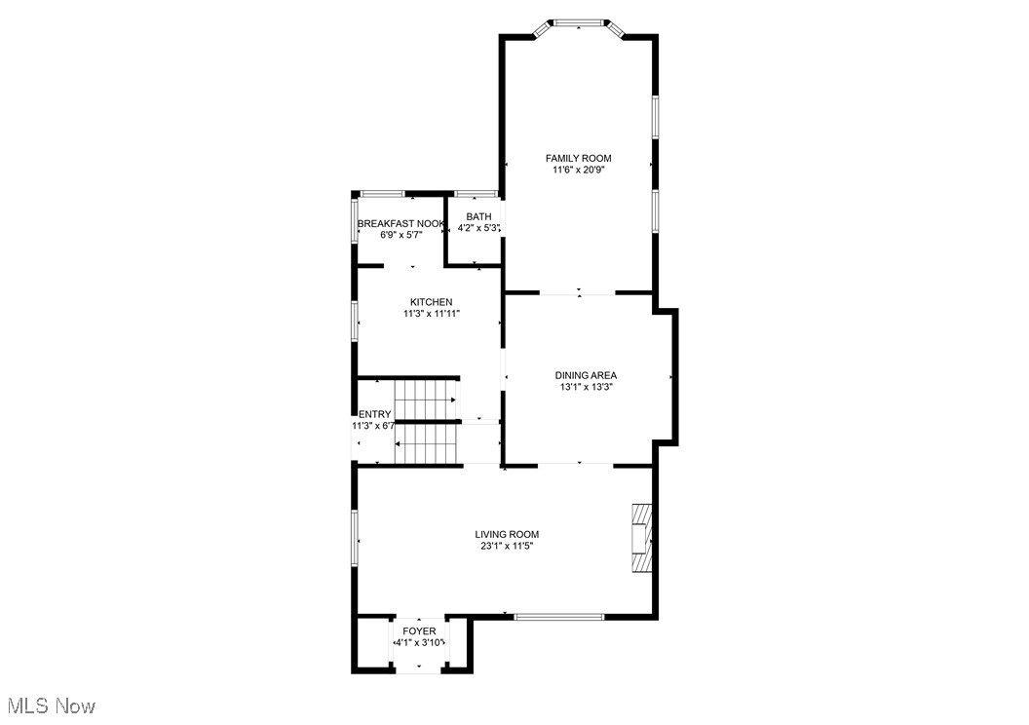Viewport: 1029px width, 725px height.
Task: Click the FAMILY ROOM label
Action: (x=578, y=158)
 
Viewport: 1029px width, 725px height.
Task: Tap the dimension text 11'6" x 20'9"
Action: (x=578, y=170)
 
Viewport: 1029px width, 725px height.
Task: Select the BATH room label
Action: (x=478, y=216)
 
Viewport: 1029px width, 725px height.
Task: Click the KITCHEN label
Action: (x=431, y=302)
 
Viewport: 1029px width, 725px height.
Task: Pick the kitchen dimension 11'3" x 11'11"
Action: (x=431, y=314)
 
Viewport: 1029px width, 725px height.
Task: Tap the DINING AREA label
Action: (x=586, y=375)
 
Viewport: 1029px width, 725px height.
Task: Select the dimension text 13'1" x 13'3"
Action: (x=586, y=387)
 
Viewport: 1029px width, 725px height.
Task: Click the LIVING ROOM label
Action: (x=507, y=534)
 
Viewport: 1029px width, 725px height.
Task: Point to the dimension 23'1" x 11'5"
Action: (x=507, y=546)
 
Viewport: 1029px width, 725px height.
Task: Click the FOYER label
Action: (x=419, y=630)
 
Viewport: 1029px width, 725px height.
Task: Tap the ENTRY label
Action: (x=374, y=414)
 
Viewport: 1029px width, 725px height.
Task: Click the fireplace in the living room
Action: (x=640, y=538)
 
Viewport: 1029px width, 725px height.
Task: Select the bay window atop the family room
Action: (x=578, y=23)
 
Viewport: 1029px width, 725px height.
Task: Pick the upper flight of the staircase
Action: (x=426, y=399)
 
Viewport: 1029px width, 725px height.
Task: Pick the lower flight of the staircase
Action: (x=426, y=443)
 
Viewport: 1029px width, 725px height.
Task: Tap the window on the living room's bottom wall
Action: (x=559, y=616)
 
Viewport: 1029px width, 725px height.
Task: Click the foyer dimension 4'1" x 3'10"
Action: (x=419, y=642)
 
